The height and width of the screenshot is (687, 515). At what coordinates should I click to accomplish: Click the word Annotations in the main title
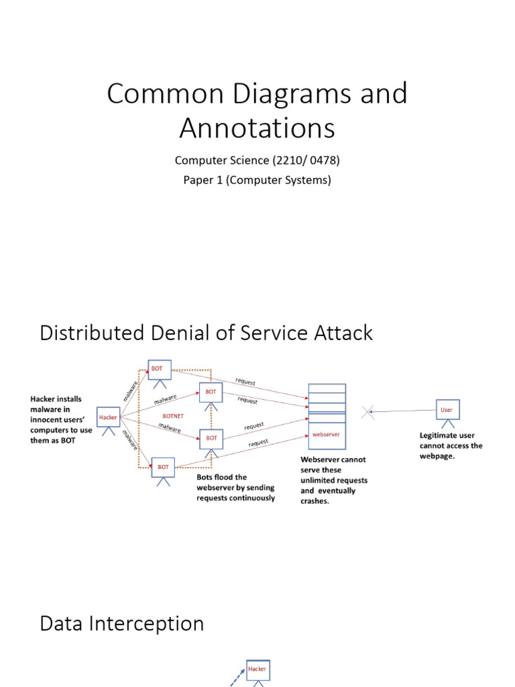257,128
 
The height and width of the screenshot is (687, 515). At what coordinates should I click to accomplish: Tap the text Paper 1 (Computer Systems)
257,180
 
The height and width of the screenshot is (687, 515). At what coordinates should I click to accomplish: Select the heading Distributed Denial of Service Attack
206,333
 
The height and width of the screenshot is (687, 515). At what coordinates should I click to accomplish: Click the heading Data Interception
122,623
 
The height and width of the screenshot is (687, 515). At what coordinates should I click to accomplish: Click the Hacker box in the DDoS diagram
108,417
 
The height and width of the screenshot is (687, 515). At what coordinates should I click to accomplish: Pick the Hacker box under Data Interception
257,669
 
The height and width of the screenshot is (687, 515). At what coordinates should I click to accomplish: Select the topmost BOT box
159,369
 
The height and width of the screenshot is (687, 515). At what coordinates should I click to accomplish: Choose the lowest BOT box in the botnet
163,467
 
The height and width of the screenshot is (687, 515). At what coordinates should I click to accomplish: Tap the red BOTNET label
173,416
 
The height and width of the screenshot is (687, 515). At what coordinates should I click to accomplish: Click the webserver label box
327,434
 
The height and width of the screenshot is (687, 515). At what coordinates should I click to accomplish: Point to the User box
447,409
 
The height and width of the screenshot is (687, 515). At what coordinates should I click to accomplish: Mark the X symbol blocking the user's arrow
367,412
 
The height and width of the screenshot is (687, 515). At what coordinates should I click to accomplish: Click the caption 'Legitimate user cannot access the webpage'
451,445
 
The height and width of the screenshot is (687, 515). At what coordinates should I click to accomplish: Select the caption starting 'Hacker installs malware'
61,419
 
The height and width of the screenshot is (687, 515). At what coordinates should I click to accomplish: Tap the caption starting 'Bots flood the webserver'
235,488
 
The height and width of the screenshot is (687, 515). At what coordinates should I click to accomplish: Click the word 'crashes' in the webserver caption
315,500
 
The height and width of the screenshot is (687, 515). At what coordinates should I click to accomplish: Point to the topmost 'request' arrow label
245,382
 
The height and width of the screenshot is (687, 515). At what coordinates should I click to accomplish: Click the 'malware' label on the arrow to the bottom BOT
130,443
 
